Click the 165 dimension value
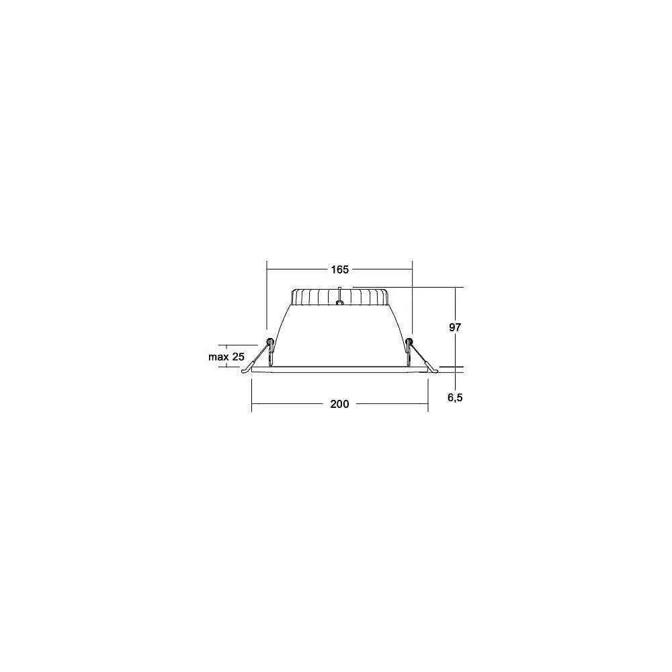point(339,269)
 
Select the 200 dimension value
point(339,404)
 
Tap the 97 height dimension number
point(455,327)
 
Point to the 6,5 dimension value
point(455,398)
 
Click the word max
point(218,357)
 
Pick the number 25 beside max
point(239,357)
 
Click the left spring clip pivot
point(270,342)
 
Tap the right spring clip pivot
point(409,342)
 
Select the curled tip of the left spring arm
point(245,371)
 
